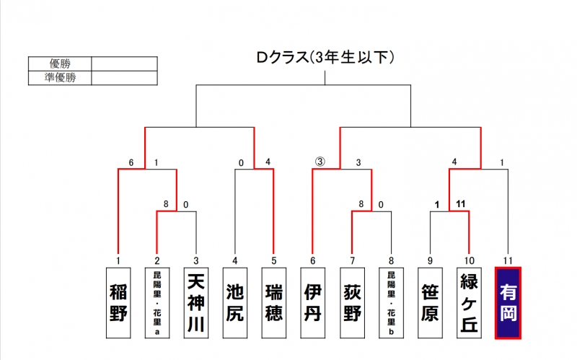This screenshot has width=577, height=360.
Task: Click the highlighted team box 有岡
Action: pos(508,303)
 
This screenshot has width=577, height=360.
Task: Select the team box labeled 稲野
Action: pos(118,303)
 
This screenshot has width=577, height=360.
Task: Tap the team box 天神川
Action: pos(196,303)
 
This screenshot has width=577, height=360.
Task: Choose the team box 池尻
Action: pos(235,303)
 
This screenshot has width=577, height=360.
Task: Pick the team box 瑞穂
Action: pos(274,303)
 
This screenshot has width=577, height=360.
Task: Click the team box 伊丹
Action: pos(313,303)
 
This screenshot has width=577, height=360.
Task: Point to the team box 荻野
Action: pos(352,303)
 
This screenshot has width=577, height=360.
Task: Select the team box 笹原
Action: pos(430,303)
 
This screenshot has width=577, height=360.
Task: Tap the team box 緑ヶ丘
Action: pos(470,303)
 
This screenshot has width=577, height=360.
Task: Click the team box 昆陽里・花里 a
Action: pos(157,303)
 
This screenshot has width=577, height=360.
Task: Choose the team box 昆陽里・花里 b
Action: pos(391,303)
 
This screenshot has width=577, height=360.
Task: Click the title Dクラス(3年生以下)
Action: pos(325,58)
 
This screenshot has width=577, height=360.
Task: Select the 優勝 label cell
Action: pos(60,63)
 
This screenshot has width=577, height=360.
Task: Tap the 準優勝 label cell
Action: pos(60,78)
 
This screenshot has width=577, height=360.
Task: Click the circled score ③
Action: pos(320,162)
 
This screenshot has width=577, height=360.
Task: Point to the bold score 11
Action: pos(461,204)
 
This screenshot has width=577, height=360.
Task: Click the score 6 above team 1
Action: pos(131,163)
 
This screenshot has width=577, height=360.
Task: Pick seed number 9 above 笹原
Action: pos(430,260)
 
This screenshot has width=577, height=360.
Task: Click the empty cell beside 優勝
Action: pos(124,63)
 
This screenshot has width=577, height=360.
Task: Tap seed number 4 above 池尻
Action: pos(235,260)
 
